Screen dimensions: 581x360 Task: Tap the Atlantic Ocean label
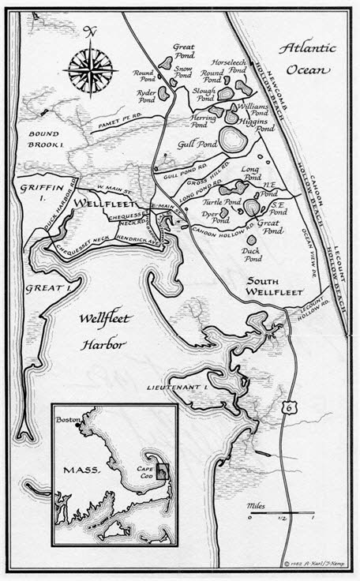pos(310,58)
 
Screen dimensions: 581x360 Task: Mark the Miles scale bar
pos(280,519)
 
